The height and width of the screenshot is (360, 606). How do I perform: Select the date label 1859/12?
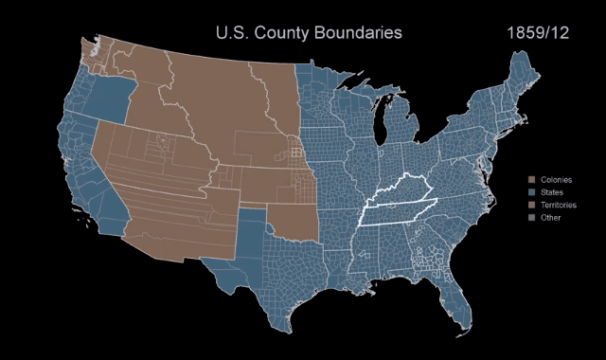coord(538,33)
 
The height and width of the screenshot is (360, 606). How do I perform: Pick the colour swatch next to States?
coord(533,192)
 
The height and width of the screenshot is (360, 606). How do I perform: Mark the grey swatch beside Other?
coord(533,218)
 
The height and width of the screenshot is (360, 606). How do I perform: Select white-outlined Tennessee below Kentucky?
coord(398,214)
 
